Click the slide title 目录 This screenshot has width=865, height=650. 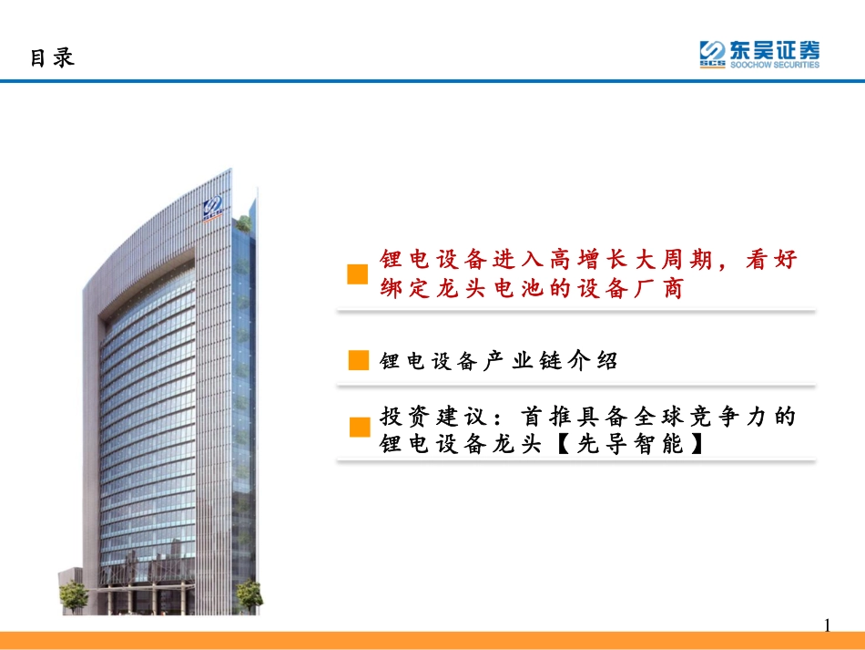(x=52, y=57)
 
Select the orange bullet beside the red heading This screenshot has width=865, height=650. (x=359, y=274)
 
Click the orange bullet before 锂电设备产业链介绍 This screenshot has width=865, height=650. (x=359, y=361)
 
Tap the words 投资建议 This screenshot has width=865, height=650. (x=437, y=418)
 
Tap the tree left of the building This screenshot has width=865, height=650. (x=73, y=594)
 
